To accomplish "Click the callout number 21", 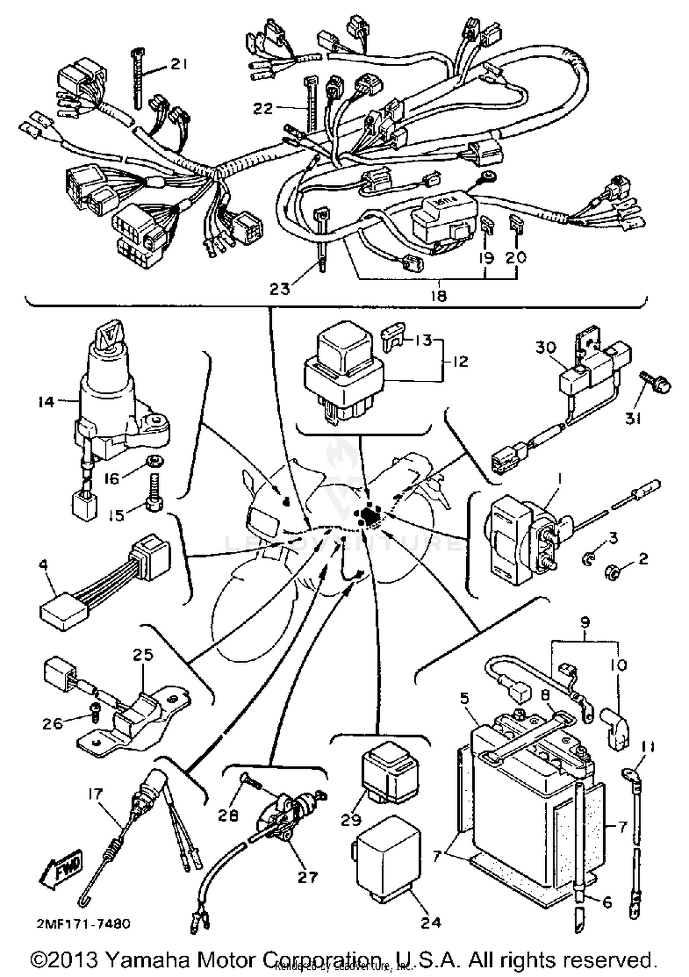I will pos(178,65).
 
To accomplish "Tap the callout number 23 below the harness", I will pos(280,288).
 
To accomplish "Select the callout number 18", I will pos(439,296).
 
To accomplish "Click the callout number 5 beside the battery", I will pos(464,699).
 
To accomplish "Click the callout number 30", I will pos(546,348).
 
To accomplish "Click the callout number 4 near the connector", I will pos(43,565).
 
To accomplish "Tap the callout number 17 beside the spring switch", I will pos(96,794).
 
